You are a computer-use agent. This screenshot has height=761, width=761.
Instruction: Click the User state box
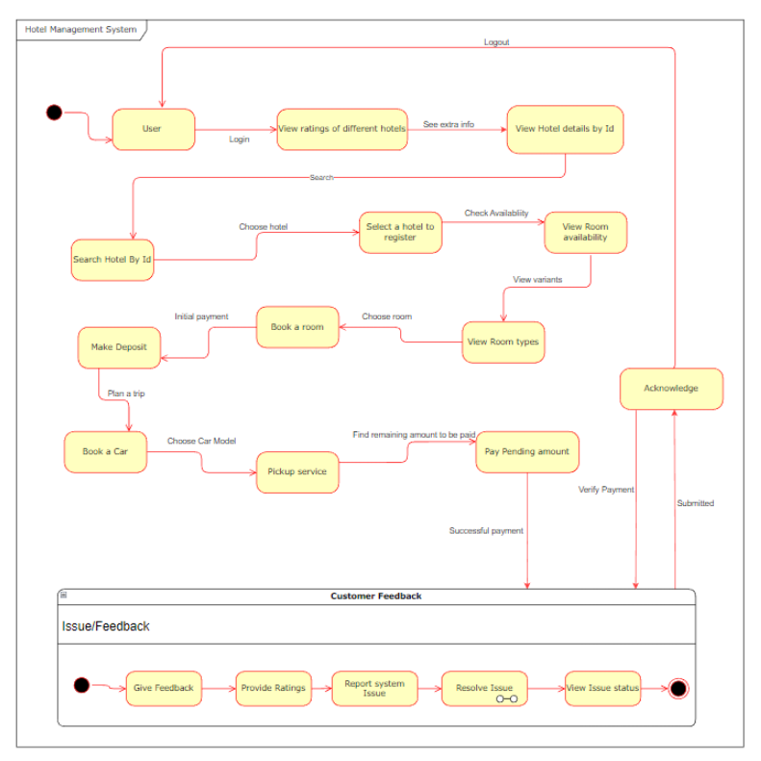click(x=153, y=129)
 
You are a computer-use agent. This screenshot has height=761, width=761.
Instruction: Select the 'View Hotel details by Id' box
click(x=565, y=129)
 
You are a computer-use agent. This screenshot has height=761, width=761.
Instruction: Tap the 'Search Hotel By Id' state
click(x=113, y=260)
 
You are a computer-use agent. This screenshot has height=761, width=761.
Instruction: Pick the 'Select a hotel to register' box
click(x=400, y=232)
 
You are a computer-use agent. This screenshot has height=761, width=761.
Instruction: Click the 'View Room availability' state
click(x=585, y=233)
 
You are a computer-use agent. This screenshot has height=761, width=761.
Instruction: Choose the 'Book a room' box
click(x=297, y=327)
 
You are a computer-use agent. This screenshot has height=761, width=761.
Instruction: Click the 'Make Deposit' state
click(x=118, y=347)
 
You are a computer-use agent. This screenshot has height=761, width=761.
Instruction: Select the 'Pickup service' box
click(x=297, y=472)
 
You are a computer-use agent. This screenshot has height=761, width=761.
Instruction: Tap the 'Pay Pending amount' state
click(x=527, y=451)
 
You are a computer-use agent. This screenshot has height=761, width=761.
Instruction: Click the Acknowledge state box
click(x=671, y=389)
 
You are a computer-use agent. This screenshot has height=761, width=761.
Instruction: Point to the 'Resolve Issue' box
click(x=484, y=688)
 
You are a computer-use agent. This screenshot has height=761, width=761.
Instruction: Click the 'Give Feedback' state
click(x=164, y=688)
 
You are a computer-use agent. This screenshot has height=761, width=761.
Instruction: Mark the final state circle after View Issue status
click(x=679, y=688)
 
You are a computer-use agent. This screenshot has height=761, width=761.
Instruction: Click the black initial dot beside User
click(x=54, y=113)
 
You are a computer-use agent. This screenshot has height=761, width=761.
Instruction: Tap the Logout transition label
click(x=496, y=42)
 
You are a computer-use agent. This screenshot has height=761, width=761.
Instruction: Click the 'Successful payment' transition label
click(x=486, y=531)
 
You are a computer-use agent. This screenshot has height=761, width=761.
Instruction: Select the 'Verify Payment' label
click(x=606, y=490)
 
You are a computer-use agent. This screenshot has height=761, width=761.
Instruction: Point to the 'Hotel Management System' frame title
click(x=81, y=30)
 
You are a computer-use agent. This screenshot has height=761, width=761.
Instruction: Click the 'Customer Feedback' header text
click(x=376, y=596)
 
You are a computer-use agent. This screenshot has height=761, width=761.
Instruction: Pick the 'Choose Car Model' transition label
click(x=201, y=441)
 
